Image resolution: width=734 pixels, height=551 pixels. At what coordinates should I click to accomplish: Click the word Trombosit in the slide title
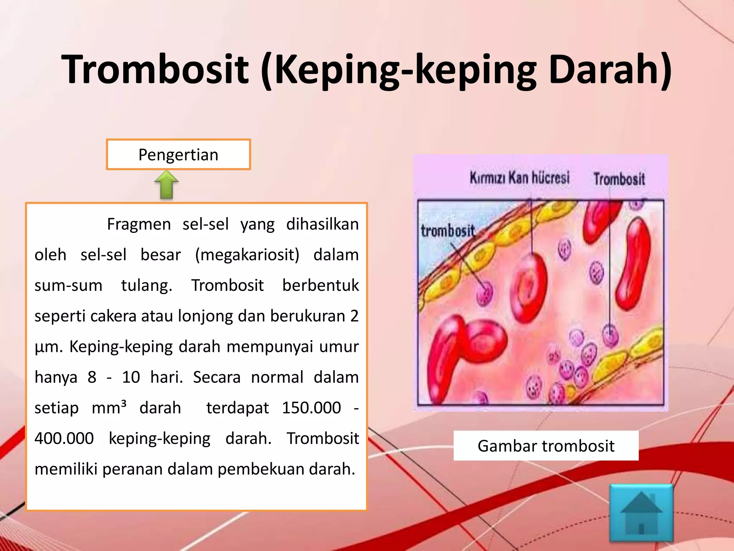155,69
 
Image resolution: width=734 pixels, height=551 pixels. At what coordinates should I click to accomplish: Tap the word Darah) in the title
610,69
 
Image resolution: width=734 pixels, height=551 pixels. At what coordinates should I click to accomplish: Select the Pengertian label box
178,155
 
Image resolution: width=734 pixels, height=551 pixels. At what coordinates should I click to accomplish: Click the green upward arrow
167,184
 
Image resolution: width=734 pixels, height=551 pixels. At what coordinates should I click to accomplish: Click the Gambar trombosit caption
545,446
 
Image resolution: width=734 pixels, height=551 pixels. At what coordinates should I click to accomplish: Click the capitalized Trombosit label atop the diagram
619,179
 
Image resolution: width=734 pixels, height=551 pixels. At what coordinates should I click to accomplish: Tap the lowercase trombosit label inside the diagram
448,231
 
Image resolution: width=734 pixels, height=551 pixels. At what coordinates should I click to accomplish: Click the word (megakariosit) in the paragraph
247,255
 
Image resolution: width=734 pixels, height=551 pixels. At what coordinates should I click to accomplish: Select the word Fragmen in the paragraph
139,225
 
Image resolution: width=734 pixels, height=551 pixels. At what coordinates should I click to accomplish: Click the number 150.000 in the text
311,408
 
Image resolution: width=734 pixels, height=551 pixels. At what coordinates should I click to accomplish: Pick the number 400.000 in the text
64,438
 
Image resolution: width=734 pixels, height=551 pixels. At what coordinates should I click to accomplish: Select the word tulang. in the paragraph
147,286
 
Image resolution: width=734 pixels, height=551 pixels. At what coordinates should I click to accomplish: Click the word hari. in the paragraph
166,377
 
